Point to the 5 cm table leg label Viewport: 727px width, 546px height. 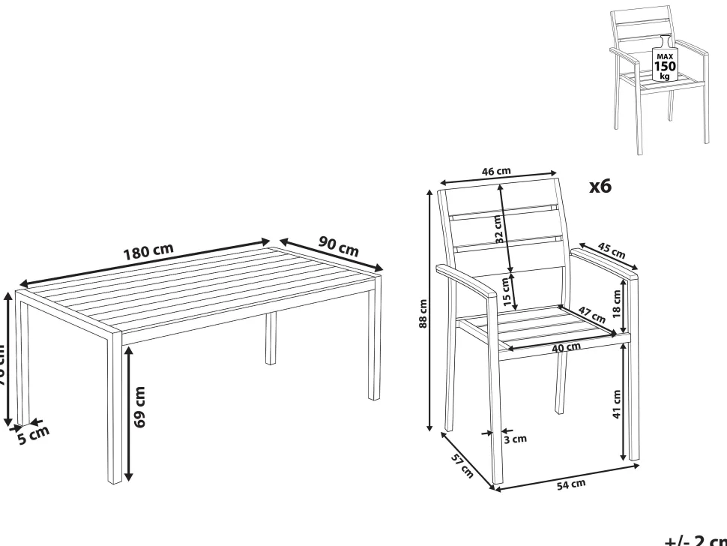(33, 433)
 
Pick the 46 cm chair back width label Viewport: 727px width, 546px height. (495, 171)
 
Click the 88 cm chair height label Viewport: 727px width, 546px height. (424, 313)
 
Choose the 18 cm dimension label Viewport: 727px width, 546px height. (616, 300)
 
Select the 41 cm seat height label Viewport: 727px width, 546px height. (616, 405)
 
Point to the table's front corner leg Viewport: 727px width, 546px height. (113, 409)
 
